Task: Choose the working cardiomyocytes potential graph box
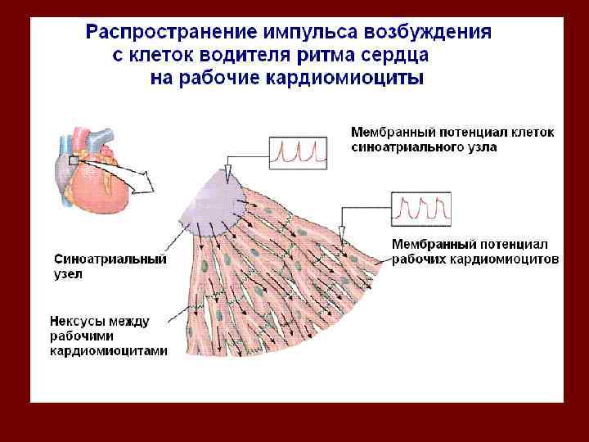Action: tap(420, 210)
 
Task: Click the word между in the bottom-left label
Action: tap(128, 321)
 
